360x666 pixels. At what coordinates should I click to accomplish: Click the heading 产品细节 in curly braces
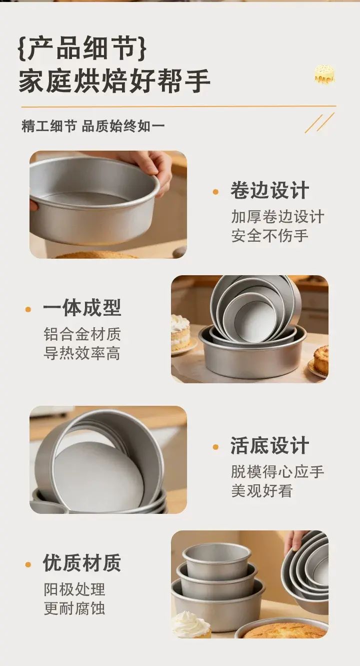82,48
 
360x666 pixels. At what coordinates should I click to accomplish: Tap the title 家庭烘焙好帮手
114,81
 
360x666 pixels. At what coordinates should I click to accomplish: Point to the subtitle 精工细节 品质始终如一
93,127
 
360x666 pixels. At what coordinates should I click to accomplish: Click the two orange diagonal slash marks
319,123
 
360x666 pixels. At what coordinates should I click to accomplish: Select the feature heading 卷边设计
269,190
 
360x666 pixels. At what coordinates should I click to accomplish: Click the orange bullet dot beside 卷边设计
215,192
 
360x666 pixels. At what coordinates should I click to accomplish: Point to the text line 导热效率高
82,353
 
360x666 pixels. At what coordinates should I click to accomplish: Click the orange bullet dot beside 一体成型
28,310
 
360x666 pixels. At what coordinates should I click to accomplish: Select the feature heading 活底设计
269,445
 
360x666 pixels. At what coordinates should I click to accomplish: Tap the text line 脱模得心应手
277,471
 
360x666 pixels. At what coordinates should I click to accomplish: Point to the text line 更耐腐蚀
74,608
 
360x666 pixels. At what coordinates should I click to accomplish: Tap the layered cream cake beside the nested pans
180,332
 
